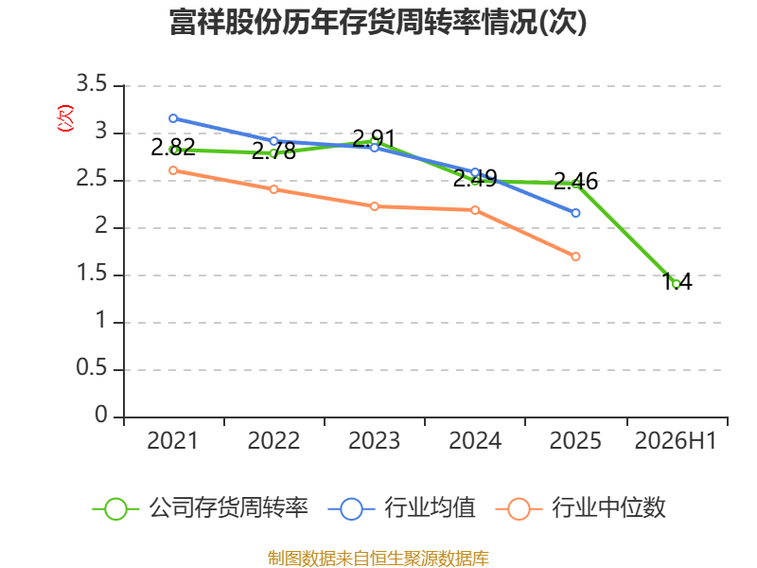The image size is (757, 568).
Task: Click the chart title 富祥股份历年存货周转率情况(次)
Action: coord(378,22)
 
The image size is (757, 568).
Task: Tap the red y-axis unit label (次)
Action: coord(65,118)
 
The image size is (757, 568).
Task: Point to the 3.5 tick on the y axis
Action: coord(91,84)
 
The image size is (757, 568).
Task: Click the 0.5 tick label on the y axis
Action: coord(91,368)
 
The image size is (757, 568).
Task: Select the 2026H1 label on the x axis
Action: coord(676,441)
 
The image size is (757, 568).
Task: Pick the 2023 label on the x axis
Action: coord(374,441)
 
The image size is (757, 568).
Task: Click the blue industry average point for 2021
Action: coord(173,118)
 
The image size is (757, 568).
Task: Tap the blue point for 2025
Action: coord(575,213)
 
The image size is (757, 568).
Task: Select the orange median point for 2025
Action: coord(575,257)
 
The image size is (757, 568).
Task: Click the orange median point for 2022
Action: coord(273,189)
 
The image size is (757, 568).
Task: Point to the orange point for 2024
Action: coord(475,210)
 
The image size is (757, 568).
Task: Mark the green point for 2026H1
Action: coord(677,285)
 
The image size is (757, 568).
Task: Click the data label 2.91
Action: coord(374,138)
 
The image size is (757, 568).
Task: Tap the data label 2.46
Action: coord(575,181)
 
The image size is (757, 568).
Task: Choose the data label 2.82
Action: coord(173,147)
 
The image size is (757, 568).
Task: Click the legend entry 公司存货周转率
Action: coord(201,508)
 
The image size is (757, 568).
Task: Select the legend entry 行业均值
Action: coord(401,508)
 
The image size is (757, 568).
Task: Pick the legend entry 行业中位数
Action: coord(581,508)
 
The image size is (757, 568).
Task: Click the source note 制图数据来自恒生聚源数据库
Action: coord(378,559)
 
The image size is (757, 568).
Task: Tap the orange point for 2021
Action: coord(173,170)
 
